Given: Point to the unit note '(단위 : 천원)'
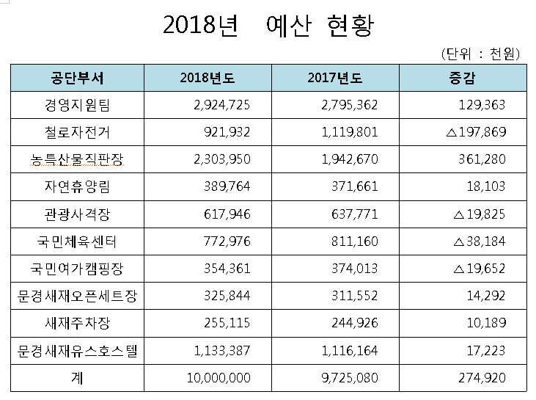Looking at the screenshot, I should click(481, 54).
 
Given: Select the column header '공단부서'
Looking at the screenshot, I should click(77, 78).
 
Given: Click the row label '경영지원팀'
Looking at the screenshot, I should click(77, 105).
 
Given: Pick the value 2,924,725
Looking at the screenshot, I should click(223, 105).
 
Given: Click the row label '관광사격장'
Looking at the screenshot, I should click(77, 214).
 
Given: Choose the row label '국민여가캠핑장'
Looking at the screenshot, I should click(77, 269).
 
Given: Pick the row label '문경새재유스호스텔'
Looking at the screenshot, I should click(77, 351).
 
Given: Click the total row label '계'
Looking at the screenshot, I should click(77, 377).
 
